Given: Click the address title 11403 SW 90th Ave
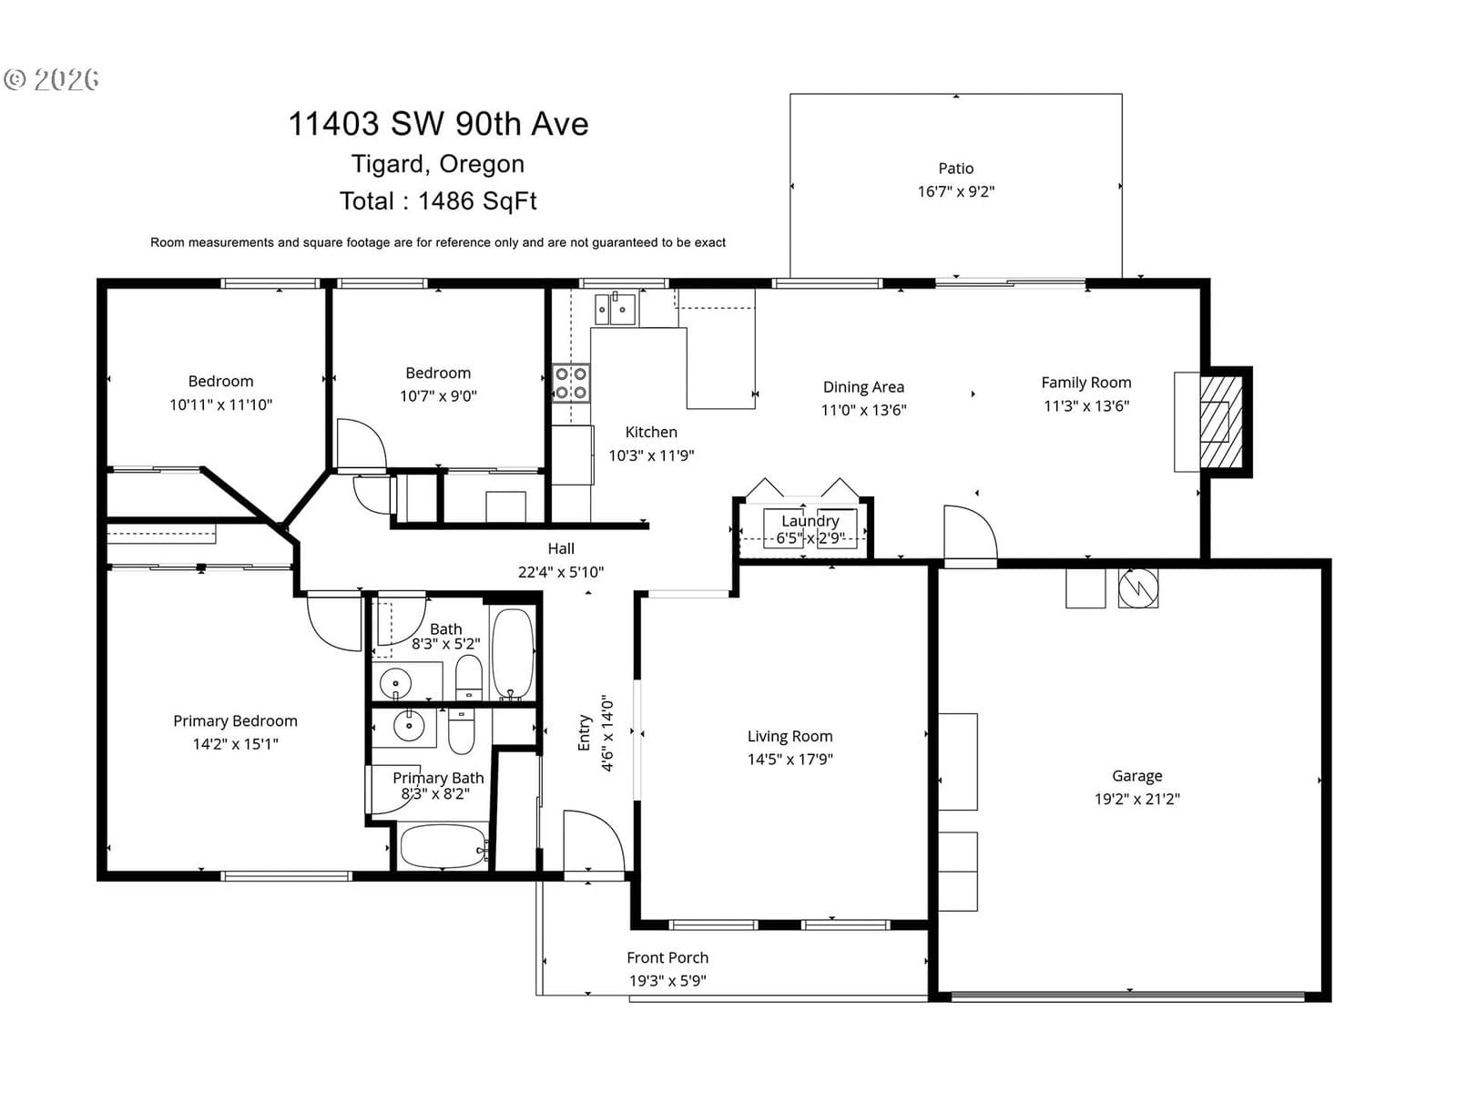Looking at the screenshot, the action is (x=438, y=124).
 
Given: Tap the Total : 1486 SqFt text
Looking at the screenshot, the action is (x=438, y=201).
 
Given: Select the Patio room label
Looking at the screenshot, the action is (x=956, y=169).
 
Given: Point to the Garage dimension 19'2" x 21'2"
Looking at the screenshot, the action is (x=1137, y=799).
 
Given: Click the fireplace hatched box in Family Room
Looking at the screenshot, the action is (x=1221, y=422).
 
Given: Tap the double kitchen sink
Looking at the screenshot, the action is (x=616, y=310).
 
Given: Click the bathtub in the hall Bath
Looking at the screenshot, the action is (x=513, y=654).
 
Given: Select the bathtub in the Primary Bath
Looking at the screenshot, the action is (x=444, y=846).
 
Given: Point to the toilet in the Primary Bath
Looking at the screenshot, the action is (x=462, y=731).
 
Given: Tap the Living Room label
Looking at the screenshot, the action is (x=790, y=736).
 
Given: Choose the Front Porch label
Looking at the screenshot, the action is (x=667, y=957).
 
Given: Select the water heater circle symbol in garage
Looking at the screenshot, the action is (x=1138, y=588).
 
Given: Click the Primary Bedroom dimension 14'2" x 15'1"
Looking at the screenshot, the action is (x=236, y=744).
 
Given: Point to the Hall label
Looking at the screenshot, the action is (x=561, y=549).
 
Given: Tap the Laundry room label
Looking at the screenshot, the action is (x=810, y=521).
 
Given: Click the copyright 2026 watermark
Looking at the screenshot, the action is (x=52, y=79).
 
